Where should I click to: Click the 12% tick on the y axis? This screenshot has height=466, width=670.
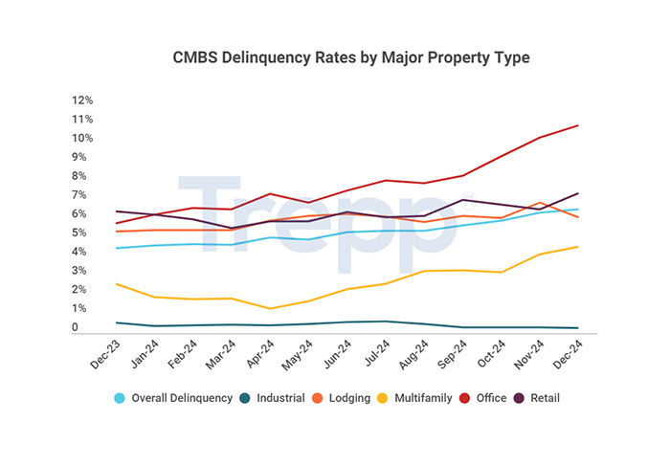pos(82,100)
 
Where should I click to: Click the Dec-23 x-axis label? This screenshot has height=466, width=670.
pos(102,356)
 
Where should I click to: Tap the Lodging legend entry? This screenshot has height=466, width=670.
pos(342,398)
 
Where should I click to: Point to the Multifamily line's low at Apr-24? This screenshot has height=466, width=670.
pos(271,308)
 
